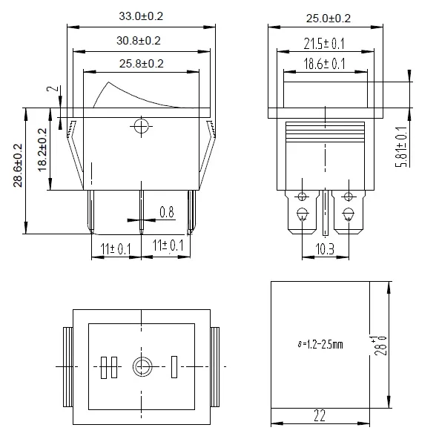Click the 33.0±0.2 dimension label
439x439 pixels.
click(x=141, y=16)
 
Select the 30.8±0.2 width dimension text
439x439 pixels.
click(x=139, y=41)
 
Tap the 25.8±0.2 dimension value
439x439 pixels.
click(x=142, y=64)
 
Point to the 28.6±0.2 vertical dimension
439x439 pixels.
click(x=18, y=165)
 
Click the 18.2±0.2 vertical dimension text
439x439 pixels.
click(x=42, y=150)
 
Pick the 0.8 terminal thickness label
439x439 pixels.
click(x=167, y=212)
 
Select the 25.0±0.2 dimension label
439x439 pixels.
click(x=328, y=19)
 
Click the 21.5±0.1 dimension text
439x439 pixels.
click(x=324, y=44)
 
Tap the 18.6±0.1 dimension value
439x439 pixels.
click(x=325, y=64)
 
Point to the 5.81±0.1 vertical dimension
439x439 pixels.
click(x=401, y=147)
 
